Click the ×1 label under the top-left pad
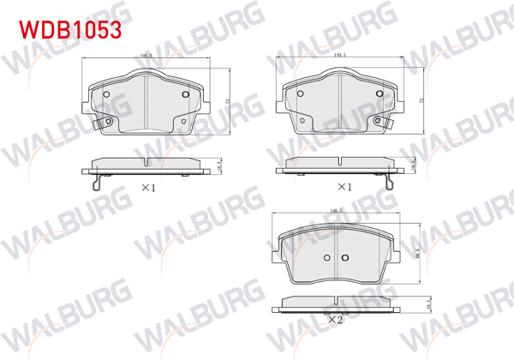click(x=146, y=186)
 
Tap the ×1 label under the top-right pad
click(x=344, y=186)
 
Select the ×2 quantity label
click(x=335, y=320)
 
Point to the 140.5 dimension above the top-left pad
click(x=146, y=57)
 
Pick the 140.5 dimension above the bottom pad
click(x=335, y=208)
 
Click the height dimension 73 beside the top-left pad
click(x=227, y=101)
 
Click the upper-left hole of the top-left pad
click(x=105, y=94)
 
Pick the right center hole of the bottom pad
click(x=344, y=258)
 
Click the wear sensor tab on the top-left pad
click(x=108, y=123)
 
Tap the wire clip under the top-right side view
click(x=390, y=183)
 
